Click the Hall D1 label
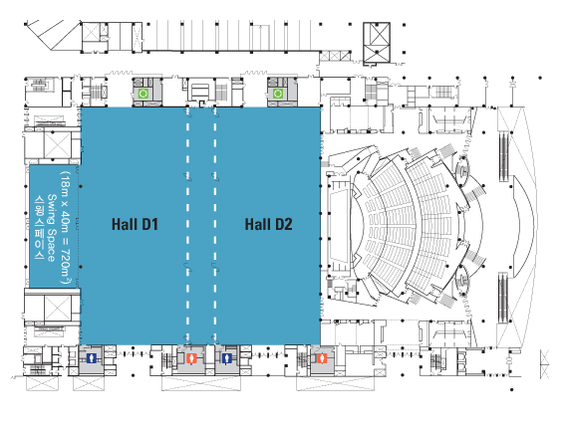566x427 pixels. pyautogui.click(x=135, y=224)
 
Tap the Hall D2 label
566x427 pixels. pyautogui.click(x=268, y=224)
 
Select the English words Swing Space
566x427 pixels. pyautogui.click(x=52, y=228)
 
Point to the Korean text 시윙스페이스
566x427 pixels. pyautogui.click(x=39, y=228)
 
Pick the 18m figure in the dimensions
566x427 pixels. pyautogui.click(x=66, y=183)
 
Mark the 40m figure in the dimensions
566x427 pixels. pyautogui.click(x=66, y=222)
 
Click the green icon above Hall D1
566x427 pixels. pyautogui.click(x=142, y=94)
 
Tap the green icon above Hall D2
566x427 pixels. pyautogui.click(x=278, y=94)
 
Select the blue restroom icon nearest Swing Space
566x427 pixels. pyautogui.click(x=92, y=358)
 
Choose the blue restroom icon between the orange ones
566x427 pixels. pyautogui.click(x=226, y=358)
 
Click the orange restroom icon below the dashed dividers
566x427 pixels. pyautogui.click(x=191, y=358)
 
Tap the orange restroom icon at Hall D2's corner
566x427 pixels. pyautogui.click(x=322, y=358)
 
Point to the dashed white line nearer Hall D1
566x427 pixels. pyautogui.click(x=187, y=225)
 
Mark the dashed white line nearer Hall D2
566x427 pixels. pyautogui.click(x=215, y=225)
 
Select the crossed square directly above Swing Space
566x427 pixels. pyautogui.click(x=57, y=145)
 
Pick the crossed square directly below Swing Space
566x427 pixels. pyautogui.click(x=57, y=308)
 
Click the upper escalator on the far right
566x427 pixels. pyautogui.click(x=503, y=156)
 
